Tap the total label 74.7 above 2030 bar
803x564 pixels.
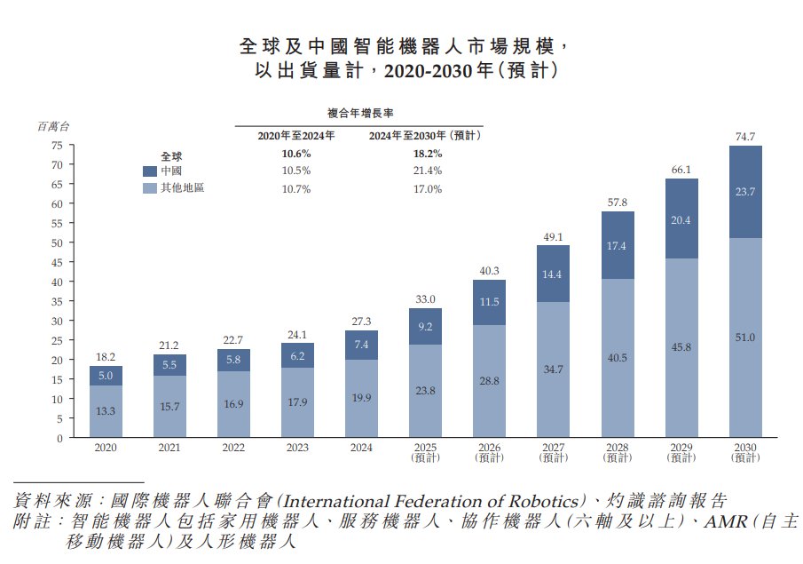click(745, 137)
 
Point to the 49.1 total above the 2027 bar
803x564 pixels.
click(554, 236)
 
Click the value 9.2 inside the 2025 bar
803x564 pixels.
click(425, 326)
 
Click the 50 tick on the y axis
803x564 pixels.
click(57, 242)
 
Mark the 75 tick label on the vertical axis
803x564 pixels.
click(57, 145)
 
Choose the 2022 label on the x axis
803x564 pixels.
click(233, 448)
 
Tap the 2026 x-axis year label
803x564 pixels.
click(489, 448)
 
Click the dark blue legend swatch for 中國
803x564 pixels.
click(149, 171)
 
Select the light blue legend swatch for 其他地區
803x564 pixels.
click(149, 188)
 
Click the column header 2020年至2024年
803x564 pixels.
click(295, 136)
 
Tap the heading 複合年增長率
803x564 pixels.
click(361, 114)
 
